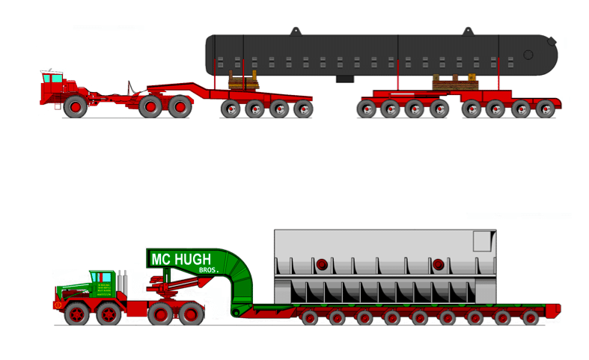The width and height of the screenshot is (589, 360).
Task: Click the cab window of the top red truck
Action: pos(52,78)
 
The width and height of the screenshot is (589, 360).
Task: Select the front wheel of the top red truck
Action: pos(74,107)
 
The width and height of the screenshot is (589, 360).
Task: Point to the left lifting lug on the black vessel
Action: pos(296,31)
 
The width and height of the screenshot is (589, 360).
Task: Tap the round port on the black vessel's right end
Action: pos(528,55)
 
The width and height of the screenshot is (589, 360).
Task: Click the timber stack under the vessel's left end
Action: pos(242,81)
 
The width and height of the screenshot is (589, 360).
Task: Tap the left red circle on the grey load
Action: pos(322,264)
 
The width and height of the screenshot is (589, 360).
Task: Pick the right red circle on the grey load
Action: pos(438,264)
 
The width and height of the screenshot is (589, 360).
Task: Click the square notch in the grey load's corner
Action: pos(483,241)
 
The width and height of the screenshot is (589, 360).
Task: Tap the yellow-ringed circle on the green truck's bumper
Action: pos(58,305)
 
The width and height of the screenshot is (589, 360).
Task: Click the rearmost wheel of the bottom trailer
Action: pos(531,317)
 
